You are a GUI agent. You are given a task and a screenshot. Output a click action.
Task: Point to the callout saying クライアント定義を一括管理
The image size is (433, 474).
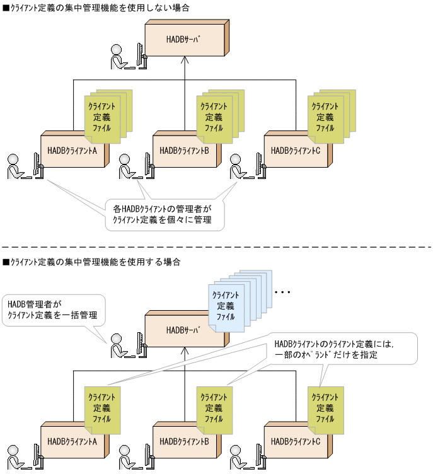(51, 309)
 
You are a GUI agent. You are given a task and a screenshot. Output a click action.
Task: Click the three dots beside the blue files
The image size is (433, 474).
(282, 292)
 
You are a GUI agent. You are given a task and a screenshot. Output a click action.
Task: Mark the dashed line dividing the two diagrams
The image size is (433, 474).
(216, 247)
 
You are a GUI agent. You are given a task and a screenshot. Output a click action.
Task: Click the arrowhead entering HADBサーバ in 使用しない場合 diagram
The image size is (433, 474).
(185, 60)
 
